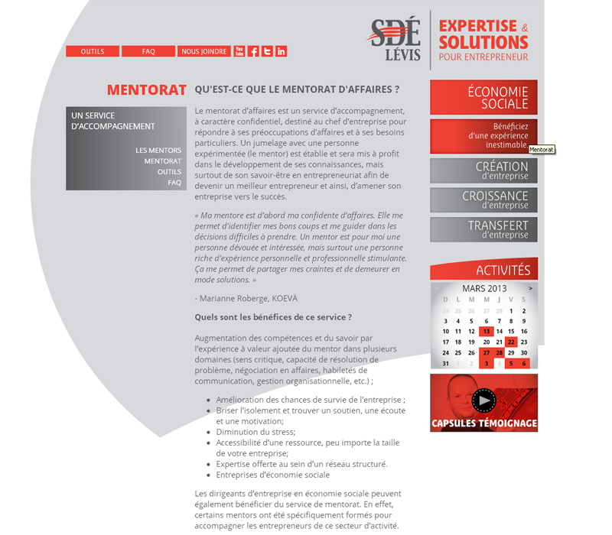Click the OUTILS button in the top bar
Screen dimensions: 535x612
93,51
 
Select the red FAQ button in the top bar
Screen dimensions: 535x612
148,51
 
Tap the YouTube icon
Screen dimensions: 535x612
239,51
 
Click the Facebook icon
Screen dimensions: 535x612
253,51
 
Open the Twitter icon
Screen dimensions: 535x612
267,51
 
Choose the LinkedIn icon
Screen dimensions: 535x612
281,51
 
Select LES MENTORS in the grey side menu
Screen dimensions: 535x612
158,151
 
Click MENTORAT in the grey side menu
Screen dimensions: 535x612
162,161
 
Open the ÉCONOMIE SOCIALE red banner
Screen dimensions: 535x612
483,97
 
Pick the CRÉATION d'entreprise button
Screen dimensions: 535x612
483,170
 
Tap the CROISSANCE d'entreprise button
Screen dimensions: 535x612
483,200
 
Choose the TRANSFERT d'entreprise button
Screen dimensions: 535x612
483,229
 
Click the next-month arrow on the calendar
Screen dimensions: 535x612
530,289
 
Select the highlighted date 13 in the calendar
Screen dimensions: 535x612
485,332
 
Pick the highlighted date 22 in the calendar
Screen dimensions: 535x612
511,342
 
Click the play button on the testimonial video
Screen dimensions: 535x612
483,400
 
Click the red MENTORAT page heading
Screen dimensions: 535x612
147,90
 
